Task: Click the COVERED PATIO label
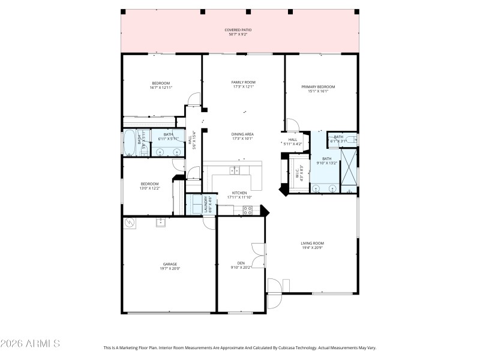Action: click(x=238, y=30)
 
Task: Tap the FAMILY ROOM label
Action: click(x=243, y=82)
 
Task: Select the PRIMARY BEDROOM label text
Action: click(x=318, y=86)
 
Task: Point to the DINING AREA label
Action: click(x=243, y=134)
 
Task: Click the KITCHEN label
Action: click(x=239, y=193)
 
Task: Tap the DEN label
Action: click(x=241, y=263)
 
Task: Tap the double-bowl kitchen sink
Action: click(x=235, y=170)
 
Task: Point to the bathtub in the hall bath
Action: click(x=130, y=143)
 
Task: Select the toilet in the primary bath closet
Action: click(x=353, y=140)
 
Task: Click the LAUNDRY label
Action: click(x=206, y=205)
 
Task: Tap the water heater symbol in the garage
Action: click(x=129, y=223)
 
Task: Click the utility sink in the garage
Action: click(x=161, y=222)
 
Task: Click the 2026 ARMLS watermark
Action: click(x=30, y=344)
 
